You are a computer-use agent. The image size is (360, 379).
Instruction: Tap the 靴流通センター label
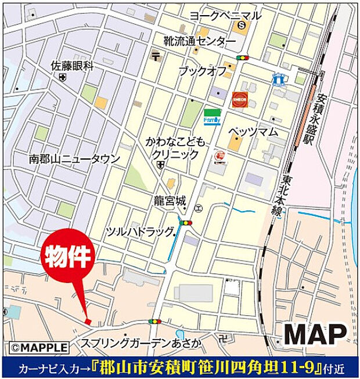tap(199, 42)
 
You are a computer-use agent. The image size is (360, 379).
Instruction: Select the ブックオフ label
tap(203, 71)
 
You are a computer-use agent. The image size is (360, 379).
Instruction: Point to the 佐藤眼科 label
tap(72, 66)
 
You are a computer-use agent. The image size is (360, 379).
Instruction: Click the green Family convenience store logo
tap(211, 116)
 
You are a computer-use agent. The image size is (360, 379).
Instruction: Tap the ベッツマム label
tap(253, 132)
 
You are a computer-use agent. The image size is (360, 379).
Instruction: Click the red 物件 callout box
tap(66, 258)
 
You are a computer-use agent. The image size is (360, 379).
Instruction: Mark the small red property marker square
tap(88, 322)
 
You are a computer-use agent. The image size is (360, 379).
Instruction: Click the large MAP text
tap(315, 335)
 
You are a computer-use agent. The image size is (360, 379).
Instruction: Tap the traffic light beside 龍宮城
tap(186, 222)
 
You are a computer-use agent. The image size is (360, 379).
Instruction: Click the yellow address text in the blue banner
tap(206, 367)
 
